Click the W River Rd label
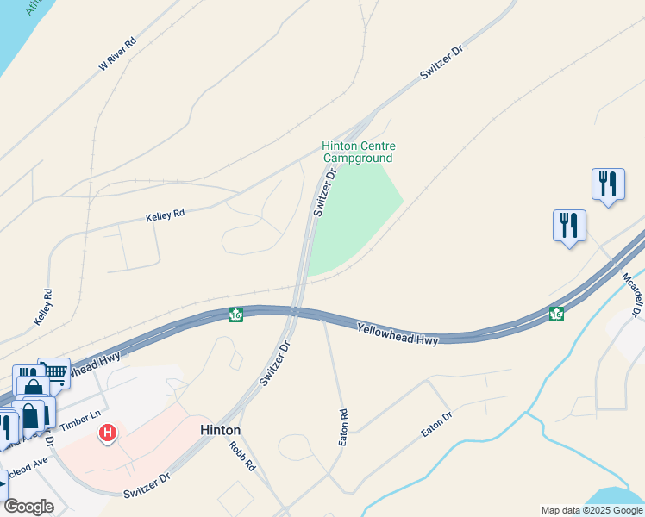[118, 53]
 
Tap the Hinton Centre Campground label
[358, 153]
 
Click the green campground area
[357, 215]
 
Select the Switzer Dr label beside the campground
[323, 191]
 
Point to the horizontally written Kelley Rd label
[166, 213]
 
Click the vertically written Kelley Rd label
[43, 307]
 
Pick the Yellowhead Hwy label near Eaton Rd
[398, 334]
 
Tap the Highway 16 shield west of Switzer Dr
[235, 315]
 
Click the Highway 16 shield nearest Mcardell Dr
[556, 315]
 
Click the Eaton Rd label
[342, 427]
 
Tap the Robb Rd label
[243, 456]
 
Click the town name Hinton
[220, 430]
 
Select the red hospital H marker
[108, 432]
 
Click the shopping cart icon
[54, 371]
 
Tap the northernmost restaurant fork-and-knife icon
[608, 184]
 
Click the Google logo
[29, 507]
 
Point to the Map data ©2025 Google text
[592, 510]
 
